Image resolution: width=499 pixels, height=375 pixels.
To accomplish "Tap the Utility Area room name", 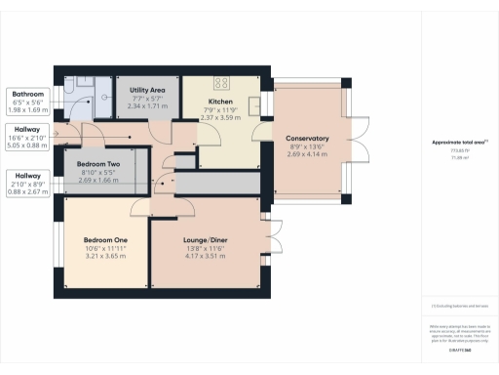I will (x=148, y=90).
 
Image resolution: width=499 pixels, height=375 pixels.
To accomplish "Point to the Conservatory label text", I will (x=307, y=139).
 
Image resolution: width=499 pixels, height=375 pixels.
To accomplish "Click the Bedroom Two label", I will (x=98, y=164).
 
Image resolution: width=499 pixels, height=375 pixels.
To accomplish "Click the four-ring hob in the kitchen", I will (x=219, y=83).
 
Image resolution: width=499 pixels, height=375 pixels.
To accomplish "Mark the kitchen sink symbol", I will (x=252, y=104).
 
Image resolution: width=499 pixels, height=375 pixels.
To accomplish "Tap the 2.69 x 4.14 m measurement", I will (x=307, y=154).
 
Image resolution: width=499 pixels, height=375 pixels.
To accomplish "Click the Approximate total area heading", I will (x=458, y=143).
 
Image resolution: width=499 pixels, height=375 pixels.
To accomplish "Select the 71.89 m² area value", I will (x=457, y=155).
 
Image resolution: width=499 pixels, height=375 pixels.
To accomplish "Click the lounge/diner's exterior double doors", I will (x=275, y=241).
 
